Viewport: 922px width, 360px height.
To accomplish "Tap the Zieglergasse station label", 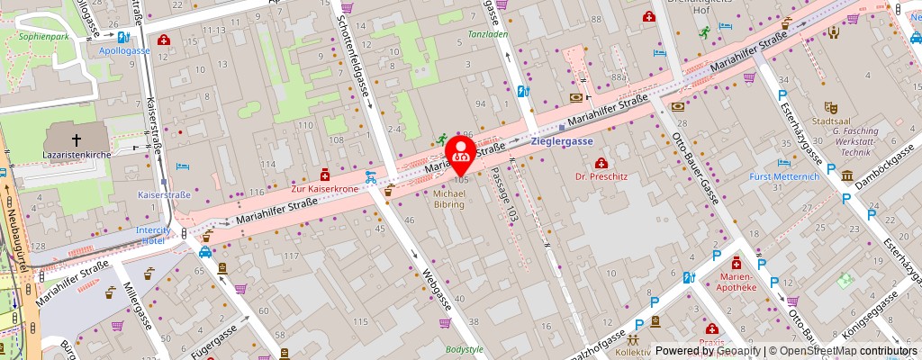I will pyautogui.click(x=563, y=141).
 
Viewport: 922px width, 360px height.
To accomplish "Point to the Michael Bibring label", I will pyautogui.click(x=448, y=199).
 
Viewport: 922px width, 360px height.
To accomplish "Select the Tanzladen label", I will pyautogui.click(x=487, y=35).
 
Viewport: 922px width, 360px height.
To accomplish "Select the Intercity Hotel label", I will pyautogui.click(x=154, y=235).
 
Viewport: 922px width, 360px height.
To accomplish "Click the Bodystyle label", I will pyautogui.click(x=465, y=348).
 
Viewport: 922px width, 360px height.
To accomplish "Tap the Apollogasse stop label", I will pyautogui.click(x=124, y=51).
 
